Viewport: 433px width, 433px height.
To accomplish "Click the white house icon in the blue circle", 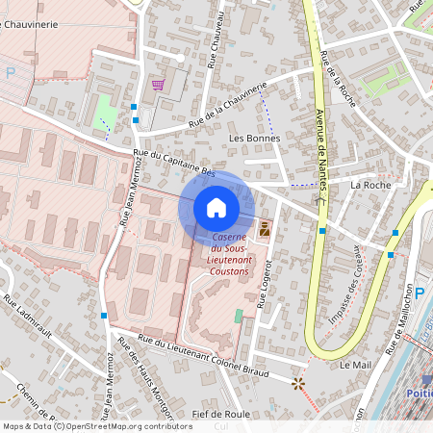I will click(x=216, y=207).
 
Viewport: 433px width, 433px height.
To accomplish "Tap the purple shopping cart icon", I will click(x=158, y=85).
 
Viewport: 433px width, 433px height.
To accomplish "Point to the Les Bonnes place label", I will click(x=254, y=138).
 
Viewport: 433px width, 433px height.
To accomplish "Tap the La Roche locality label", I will click(x=370, y=184).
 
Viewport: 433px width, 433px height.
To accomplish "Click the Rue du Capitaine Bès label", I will click(x=173, y=163).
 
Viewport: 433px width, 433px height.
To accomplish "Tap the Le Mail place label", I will click(x=355, y=366).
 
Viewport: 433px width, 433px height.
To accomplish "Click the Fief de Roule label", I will click(x=220, y=414).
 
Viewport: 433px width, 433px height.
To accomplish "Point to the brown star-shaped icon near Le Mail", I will click(x=297, y=383).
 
